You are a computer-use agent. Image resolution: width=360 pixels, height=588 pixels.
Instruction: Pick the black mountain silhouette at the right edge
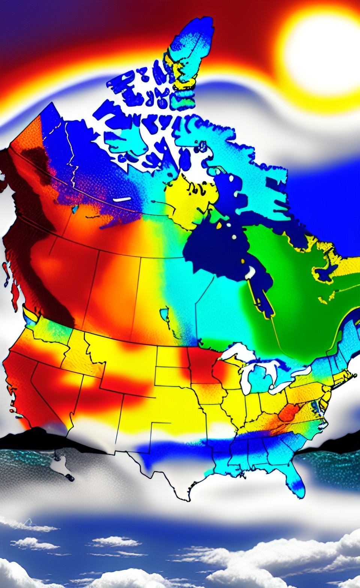pos(337,442)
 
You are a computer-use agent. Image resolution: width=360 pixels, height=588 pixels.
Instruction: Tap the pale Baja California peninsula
pos(60,465)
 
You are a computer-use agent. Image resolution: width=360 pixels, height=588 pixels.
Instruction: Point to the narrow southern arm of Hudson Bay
pos(262,296)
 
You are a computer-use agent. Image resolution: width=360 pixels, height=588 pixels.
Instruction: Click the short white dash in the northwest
pos(122,199)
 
